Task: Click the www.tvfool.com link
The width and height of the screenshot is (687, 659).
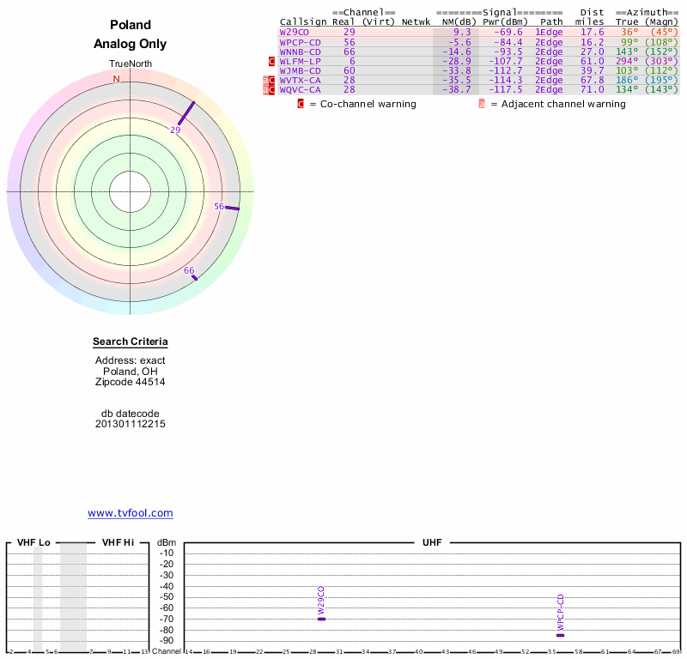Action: coord(131,513)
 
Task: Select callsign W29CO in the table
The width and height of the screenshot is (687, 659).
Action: coord(294,32)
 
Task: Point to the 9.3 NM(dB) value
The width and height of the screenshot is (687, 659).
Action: coord(462,32)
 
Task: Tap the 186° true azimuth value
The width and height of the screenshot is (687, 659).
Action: coord(627,80)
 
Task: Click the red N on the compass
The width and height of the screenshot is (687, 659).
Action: coord(117,79)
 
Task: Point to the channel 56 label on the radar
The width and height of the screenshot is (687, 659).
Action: coord(219,206)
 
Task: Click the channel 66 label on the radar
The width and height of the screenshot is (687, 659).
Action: coord(189,270)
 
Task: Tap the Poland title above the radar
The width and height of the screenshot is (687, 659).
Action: coord(131,25)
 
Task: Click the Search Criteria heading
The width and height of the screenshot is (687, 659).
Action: coord(131,342)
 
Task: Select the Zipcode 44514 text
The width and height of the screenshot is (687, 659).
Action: coord(131,382)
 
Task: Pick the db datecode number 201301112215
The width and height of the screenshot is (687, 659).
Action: coord(131,424)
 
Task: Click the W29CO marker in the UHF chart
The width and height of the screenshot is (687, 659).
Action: coord(322,619)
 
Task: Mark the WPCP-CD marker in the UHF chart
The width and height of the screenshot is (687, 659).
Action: coord(561,635)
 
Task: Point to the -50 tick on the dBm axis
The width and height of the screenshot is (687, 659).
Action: coord(167,596)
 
